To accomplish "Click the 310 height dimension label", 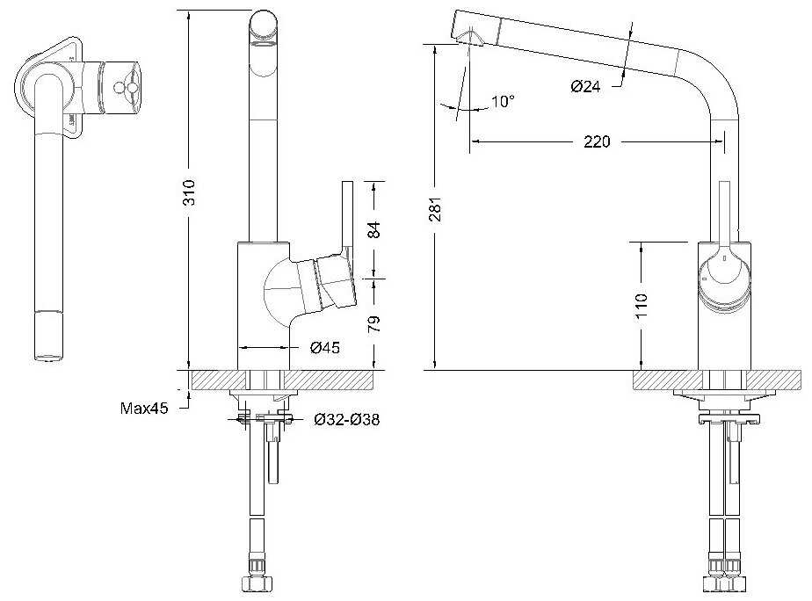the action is tap(190, 192).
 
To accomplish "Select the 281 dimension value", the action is tap(436, 209).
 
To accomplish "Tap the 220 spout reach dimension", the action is tap(597, 141).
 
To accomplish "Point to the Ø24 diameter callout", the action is tap(585, 86).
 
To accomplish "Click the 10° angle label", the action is tap(503, 101).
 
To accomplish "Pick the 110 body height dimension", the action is tap(642, 306).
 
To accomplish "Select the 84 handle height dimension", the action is tap(373, 229).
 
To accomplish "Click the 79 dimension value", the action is tap(373, 323).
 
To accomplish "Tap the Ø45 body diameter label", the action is tap(325, 347).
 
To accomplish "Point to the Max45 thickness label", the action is tap(144, 408).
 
